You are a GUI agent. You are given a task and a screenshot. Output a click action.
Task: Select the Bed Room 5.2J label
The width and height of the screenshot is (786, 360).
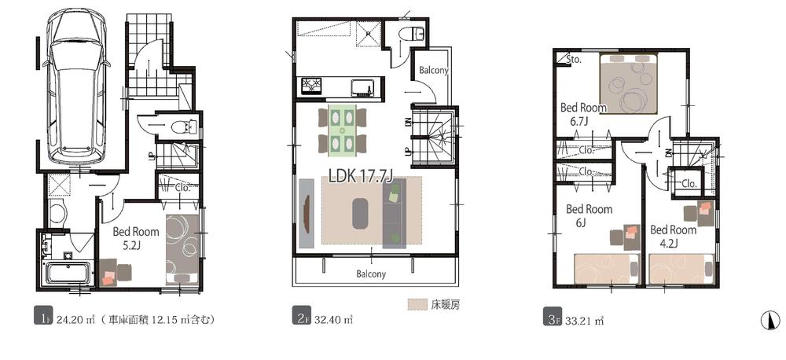pyautogui.click(x=135, y=239)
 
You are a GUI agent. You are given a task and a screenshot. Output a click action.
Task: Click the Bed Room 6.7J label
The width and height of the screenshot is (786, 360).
pyautogui.click(x=583, y=115)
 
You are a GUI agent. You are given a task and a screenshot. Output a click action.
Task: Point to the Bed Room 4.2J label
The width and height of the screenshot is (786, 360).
pyautogui.click(x=673, y=237)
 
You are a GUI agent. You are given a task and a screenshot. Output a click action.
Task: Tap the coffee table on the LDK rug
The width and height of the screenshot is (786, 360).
pyautogui.click(x=361, y=212)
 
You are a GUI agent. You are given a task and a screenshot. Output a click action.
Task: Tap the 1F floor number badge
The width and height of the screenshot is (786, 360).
pyautogui.click(x=39, y=319)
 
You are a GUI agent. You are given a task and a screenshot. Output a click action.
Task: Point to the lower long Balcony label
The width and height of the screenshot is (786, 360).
pyautogui.click(x=369, y=274)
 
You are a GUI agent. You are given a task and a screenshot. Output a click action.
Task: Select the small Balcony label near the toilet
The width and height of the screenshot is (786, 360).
pyautogui.click(x=433, y=70)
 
